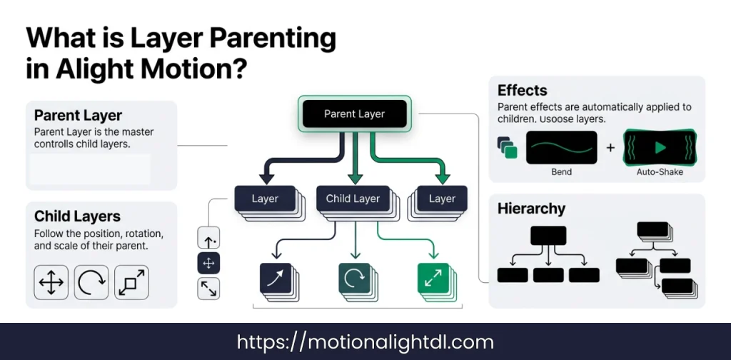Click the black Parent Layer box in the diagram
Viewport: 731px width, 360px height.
[354, 114]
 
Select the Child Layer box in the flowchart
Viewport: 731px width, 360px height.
[353, 199]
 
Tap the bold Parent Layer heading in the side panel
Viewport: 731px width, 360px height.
[78, 116]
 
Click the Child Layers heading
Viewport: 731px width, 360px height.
[77, 216]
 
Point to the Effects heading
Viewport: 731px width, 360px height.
[522, 91]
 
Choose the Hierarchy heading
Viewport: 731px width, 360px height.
[531, 209]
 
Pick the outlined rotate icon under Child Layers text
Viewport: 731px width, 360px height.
[91, 282]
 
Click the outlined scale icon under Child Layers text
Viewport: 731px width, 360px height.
[131, 282]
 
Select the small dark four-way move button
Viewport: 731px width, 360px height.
[208, 264]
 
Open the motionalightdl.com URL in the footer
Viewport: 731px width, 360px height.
[364, 342]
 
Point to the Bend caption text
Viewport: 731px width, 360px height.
[562, 173]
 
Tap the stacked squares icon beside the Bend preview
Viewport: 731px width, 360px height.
[508, 148]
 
